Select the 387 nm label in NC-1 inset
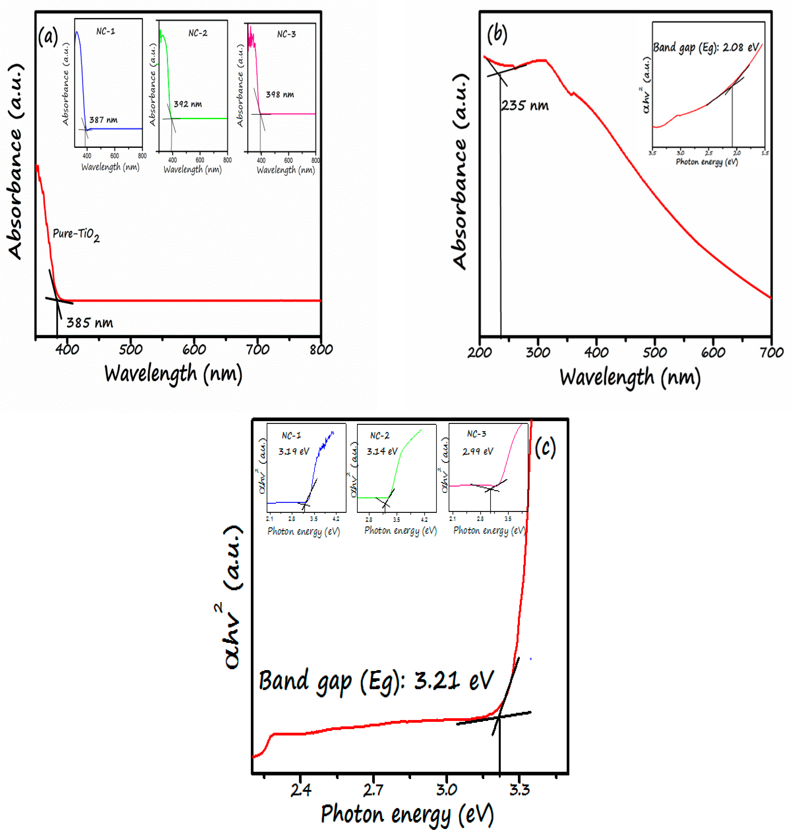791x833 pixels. tap(103, 120)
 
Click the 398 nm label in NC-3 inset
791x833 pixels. tap(280, 94)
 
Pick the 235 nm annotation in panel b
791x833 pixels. tap(525, 105)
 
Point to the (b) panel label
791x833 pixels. tap(497, 34)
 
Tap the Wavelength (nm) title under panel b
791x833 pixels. tap(630, 377)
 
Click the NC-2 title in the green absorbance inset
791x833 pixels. tap(198, 33)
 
